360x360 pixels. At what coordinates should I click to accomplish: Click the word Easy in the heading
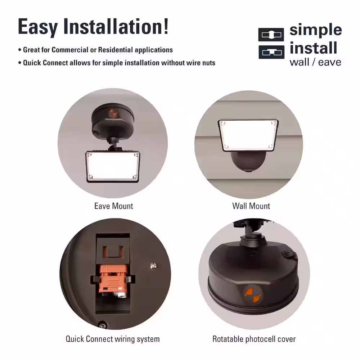coord(38,27)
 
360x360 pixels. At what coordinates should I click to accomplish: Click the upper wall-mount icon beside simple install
coord(271,35)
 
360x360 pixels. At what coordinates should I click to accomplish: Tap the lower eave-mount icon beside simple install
coord(271,52)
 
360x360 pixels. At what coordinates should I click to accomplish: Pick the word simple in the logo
coord(316,30)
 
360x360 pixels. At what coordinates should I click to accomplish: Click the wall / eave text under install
coord(315,62)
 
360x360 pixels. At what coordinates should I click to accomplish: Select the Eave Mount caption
coord(114,206)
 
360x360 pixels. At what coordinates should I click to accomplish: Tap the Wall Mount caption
coord(251,206)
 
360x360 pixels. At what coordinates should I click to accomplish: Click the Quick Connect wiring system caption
coord(112,339)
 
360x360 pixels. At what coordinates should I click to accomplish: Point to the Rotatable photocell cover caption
coord(254,339)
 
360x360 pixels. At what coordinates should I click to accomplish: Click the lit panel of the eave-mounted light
coord(113,166)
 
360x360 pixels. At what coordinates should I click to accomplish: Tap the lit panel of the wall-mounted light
coord(248,135)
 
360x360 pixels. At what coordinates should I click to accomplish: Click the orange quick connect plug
coord(113,279)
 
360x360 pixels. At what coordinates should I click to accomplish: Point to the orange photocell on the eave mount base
coord(113,113)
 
